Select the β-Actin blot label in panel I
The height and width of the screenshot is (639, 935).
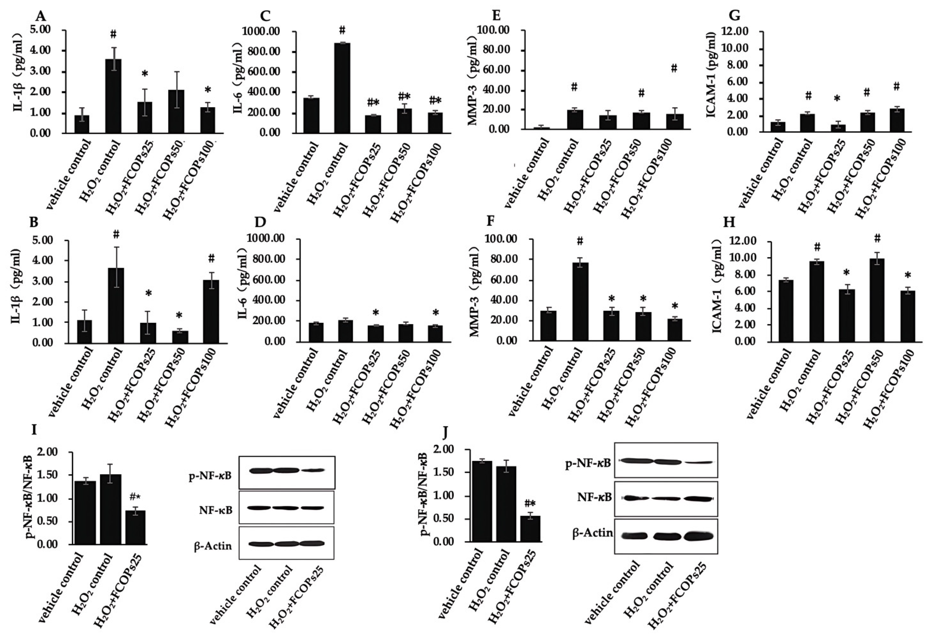pos(213,546)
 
